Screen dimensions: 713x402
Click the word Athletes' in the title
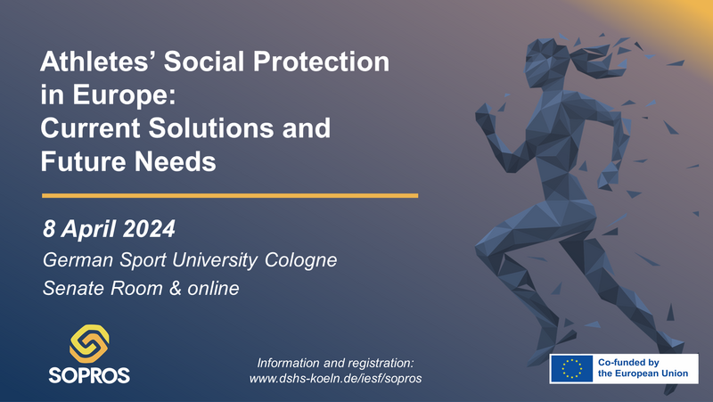tap(98, 62)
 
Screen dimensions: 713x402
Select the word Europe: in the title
tap(124, 96)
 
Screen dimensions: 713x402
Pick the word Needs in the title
tap(176, 161)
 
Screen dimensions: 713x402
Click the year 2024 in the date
tap(149, 229)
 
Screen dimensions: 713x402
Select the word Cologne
tap(301, 260)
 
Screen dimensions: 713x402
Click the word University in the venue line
tap(215, 260)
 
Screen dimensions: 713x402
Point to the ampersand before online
tap(175, 288)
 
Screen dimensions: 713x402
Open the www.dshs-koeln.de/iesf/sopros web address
tap(336, 378)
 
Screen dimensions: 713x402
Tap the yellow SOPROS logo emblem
tap(89, 343)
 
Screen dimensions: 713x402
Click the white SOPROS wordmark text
tap(89, 375)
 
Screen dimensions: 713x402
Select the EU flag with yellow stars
tap(571, 368)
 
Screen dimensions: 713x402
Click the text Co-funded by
tap(628, 363)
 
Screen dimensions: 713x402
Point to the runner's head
tap(545, 63)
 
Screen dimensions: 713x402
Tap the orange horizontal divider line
tap(230, 195)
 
